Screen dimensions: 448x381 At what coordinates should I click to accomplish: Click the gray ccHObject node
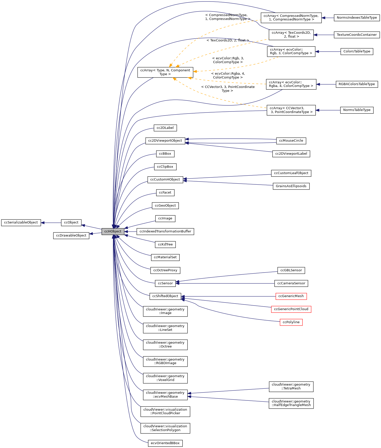(113, 231)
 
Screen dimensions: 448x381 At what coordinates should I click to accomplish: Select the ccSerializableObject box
(21, 222)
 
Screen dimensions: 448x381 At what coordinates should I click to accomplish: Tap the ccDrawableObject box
(71, 236)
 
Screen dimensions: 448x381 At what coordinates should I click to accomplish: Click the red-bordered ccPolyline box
(291, 322)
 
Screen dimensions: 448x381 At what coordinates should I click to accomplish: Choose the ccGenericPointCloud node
(291, 309)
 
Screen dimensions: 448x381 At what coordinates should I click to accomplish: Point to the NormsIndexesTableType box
(357, 18)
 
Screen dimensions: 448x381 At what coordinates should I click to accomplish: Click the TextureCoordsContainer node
(357, 35)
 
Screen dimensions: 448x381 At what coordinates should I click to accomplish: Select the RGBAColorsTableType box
(357, 84)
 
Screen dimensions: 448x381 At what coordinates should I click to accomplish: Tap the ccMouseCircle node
(291, 141)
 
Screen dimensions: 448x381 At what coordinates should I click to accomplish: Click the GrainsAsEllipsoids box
(291, 186)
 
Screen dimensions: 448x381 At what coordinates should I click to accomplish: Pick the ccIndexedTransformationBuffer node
(165, 231)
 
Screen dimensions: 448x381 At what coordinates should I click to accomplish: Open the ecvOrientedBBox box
(165, 443)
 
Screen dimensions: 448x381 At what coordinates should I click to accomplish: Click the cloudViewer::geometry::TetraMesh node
(291, 386)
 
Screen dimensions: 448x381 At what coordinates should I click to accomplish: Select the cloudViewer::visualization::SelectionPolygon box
(165, 428)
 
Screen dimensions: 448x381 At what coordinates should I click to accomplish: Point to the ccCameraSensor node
(291, 283)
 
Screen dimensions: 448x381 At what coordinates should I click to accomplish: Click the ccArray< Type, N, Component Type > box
(165, 72)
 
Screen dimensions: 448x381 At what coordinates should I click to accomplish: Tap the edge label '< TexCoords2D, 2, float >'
(228, 40)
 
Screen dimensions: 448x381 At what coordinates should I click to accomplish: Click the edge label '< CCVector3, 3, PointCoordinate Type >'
(228, 89)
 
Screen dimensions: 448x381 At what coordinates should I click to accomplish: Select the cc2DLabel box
(165, 128)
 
